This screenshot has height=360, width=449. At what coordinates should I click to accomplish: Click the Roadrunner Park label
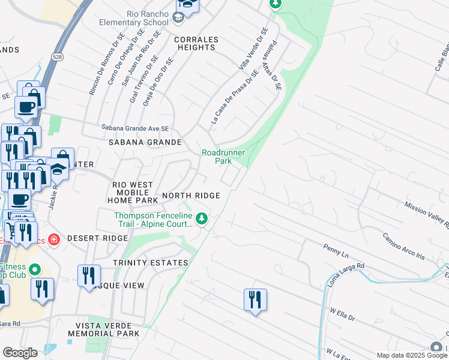coord(223,157)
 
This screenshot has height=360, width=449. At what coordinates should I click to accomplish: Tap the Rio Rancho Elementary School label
coord(135,19)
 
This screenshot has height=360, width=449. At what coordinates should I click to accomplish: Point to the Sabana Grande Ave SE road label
coord(135,128)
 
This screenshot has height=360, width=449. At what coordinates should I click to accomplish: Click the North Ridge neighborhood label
coord(191,196)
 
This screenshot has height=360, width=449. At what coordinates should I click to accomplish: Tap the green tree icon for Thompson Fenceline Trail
coord(202,218)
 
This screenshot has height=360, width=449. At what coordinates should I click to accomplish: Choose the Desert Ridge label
coord(97,238)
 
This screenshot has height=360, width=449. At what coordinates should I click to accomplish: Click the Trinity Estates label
coord(150,263)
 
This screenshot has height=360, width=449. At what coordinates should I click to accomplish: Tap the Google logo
coord(20,353)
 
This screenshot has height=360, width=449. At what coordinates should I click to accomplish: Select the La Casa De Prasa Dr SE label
coord(234,97)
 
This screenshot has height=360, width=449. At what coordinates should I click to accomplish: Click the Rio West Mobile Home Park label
coord(133,192)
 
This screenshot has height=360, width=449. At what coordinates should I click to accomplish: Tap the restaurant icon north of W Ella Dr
coord(255,299)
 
